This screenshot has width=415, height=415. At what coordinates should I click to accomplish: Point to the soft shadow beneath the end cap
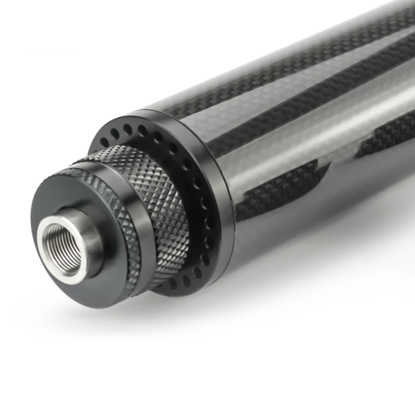coord(135,315)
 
